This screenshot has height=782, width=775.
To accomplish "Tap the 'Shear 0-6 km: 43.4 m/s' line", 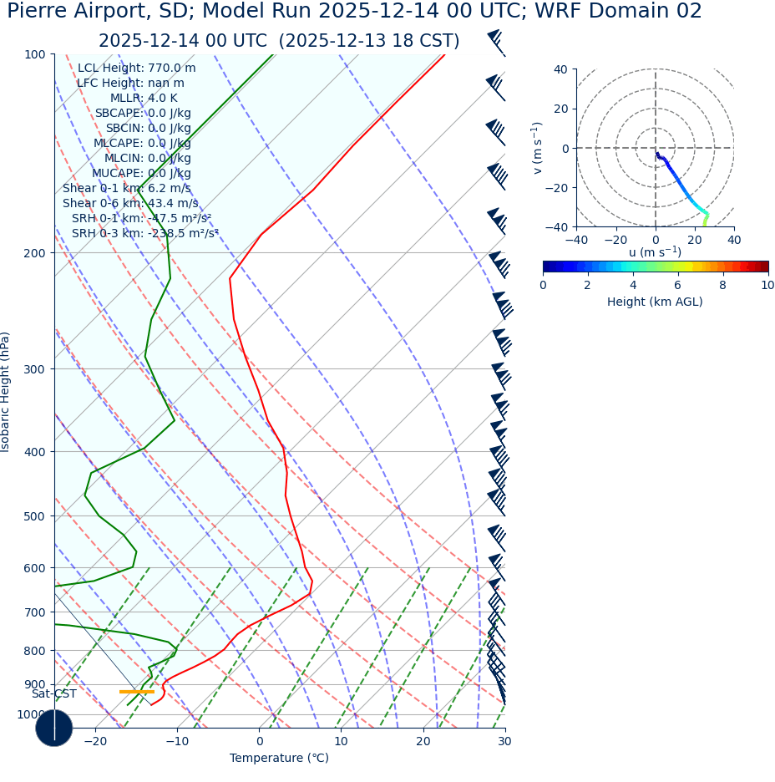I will pyautogui.click(x=130, y=203).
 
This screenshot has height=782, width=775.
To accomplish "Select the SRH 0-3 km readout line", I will pyautogui.click(x=144, y=233).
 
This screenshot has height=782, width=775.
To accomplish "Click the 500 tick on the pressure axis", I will pyautogui.click(x=35, y=516).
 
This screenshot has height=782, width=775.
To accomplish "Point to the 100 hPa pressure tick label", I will pyautogui.click(x=35, y=54).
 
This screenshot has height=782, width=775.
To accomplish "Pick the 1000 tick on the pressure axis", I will pyautogui.click(x=32, y=714).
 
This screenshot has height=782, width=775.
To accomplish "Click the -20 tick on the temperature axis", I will pyautogui.click(x=95, y=741).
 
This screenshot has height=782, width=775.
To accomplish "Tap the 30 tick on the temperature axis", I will pyautogui.click(x=504, y=741).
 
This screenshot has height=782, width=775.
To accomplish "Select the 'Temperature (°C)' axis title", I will pyautogui.click(x=279, y=758).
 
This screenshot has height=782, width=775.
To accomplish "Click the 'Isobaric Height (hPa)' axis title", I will pyautogui.click(x=6, y=392).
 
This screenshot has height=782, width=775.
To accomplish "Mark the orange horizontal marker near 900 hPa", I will pyautogui.click(x=137, y=691).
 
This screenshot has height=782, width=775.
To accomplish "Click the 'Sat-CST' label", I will pyautogui.click(x=54, y=693).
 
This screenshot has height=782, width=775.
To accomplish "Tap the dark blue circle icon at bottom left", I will pyautogui.click(x=54, y=728).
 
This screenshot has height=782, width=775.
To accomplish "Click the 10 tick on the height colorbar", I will pyautogui.click(x=767, y=285).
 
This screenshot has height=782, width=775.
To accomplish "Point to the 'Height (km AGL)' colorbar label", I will pyautogui.click(x=655, y=302).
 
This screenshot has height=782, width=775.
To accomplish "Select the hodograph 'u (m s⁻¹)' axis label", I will pyautogui.click(x=655, y=252).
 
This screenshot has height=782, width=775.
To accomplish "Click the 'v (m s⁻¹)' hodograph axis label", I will pyautogui.click(x=537, y=148).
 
